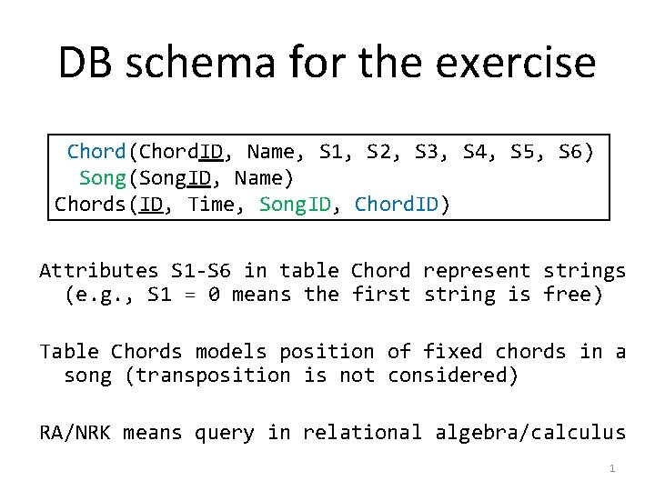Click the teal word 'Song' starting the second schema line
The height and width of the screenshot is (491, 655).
102,178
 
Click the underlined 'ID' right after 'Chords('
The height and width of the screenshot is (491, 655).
152,205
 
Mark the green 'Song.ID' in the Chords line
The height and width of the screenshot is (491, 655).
295,205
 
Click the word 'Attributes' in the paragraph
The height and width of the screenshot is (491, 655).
98,271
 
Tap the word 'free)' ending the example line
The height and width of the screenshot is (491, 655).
573,295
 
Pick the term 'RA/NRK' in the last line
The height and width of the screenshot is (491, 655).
75,433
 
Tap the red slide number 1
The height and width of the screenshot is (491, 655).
612,468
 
